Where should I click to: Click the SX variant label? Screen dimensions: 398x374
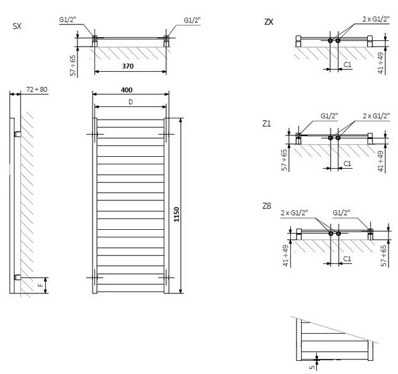tap(17, 26)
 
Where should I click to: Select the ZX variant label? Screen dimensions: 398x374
tap(269, 22)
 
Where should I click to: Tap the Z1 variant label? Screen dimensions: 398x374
tap(266, 123)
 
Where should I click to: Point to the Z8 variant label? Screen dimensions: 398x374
tap(267, 206)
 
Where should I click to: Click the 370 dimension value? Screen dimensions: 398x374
tap(128, 66)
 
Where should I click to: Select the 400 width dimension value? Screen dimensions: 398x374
tap(127, 90)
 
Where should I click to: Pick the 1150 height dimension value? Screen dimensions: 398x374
tap(177, 215)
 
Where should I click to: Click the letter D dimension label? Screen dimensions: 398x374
tap(131, 102)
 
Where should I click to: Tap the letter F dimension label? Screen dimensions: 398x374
tap(40, 285)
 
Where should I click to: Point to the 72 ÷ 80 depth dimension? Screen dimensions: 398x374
tap(37, 89)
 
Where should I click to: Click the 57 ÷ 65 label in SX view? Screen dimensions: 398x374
tap(73, 65)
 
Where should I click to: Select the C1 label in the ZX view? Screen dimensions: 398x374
tap(348, 64)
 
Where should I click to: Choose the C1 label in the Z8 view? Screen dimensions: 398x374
tap(347, 259)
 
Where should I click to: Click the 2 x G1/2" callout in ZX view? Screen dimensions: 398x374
tap(376, 19)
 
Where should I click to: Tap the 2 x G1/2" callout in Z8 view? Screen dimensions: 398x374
tap(295, 213)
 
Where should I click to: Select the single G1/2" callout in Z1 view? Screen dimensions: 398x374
tap(329, 116)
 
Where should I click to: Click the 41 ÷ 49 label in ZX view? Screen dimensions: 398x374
tap(380, 63)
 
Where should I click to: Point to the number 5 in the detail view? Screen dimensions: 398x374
tap(312, 366)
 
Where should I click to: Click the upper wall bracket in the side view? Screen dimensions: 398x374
tap(18, 134)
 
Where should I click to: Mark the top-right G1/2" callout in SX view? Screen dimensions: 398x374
tap(192, 20)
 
